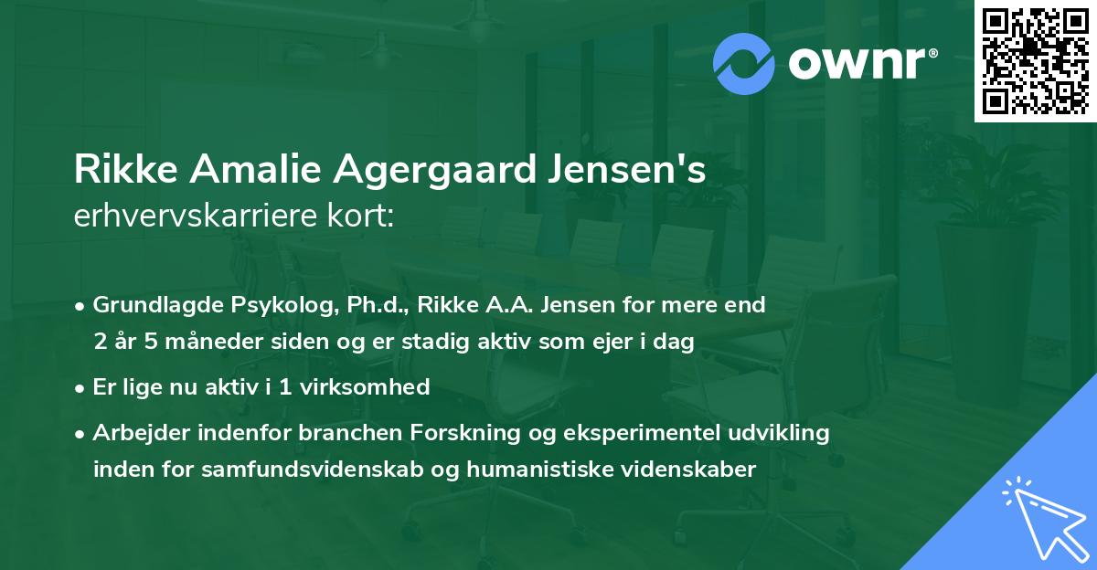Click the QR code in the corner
coord(1035,60)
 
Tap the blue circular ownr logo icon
coord(744,63)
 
